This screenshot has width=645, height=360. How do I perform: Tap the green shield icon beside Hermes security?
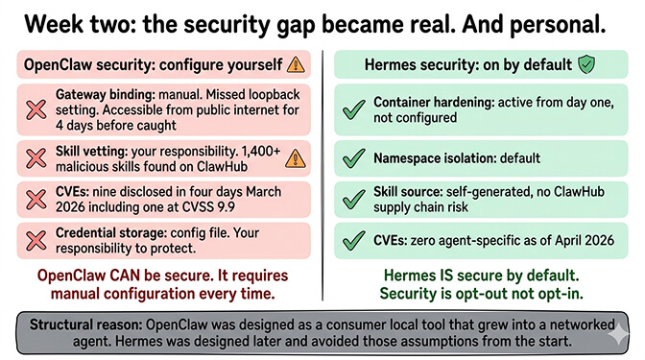click(585, 65)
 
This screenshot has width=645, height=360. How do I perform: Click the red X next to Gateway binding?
click(35, 111)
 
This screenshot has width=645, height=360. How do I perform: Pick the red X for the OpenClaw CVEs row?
click(35, 199)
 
